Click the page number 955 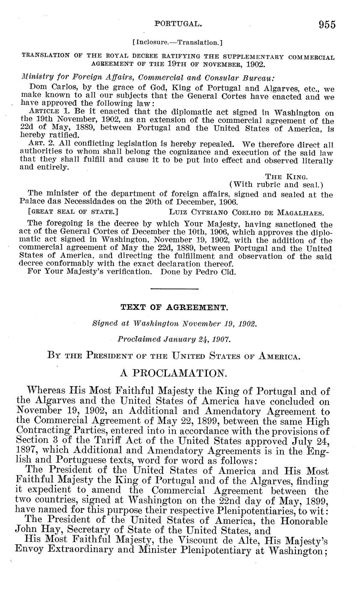click(327, 24)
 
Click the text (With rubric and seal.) click(276, 184)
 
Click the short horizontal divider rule click(175, 289)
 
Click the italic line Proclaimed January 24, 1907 click(174, 339)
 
